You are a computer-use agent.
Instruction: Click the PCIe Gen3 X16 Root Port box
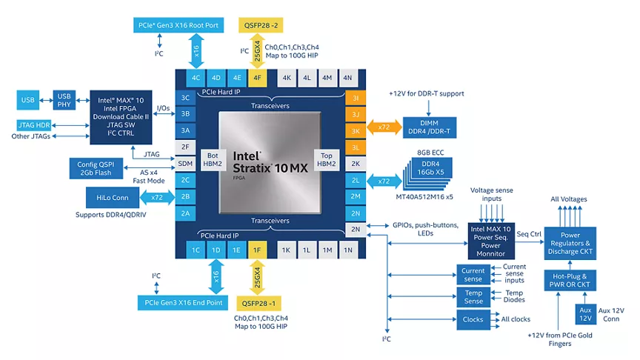pos(179,25)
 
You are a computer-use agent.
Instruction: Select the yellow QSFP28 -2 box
pos(261,25)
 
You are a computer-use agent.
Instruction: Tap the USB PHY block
pos(64,100)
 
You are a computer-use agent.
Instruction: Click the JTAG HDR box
pos(34,125)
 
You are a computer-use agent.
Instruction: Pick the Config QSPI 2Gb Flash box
pos(96,168)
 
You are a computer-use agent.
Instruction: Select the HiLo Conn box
pos(113,198)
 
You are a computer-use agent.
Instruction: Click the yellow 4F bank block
pos(257,78)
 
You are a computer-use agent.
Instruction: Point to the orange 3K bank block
pos(356,131)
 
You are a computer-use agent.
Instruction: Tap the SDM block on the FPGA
pos(185,163)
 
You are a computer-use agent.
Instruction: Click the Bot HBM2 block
pos(213,159)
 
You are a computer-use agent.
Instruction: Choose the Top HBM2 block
pos(327,159)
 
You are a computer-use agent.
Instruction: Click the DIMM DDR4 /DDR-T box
pos(430,127)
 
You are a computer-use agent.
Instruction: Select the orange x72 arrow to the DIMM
pos(384,127)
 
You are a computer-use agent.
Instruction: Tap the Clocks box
pos(473,319)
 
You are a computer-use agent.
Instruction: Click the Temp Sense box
pos(473,297)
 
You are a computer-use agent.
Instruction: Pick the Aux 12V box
pos(585,314)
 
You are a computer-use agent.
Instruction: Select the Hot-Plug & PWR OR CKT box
pos(570,280)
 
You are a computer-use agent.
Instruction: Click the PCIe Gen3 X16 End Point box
pos(183,302)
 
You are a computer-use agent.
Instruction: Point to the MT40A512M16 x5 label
pos(424,197)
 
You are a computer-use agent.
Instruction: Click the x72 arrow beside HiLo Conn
pos(157,198)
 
